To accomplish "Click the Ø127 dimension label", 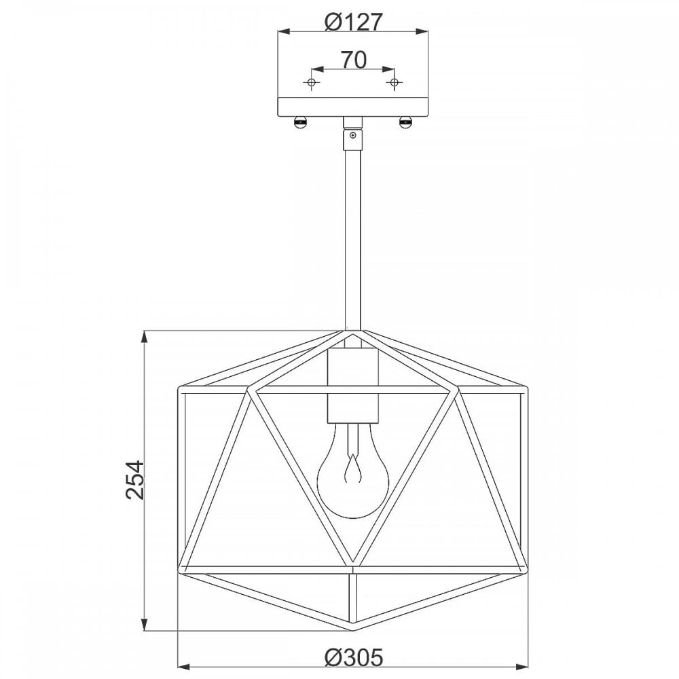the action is click(353, 22).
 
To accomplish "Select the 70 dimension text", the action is click(354, 60).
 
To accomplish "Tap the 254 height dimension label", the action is click(135, 480).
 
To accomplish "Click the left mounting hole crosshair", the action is click(312, 82).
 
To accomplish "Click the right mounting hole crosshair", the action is click(394, 82).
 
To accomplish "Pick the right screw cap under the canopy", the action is click(406, 123).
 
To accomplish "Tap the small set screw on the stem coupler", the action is click(353, 135).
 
